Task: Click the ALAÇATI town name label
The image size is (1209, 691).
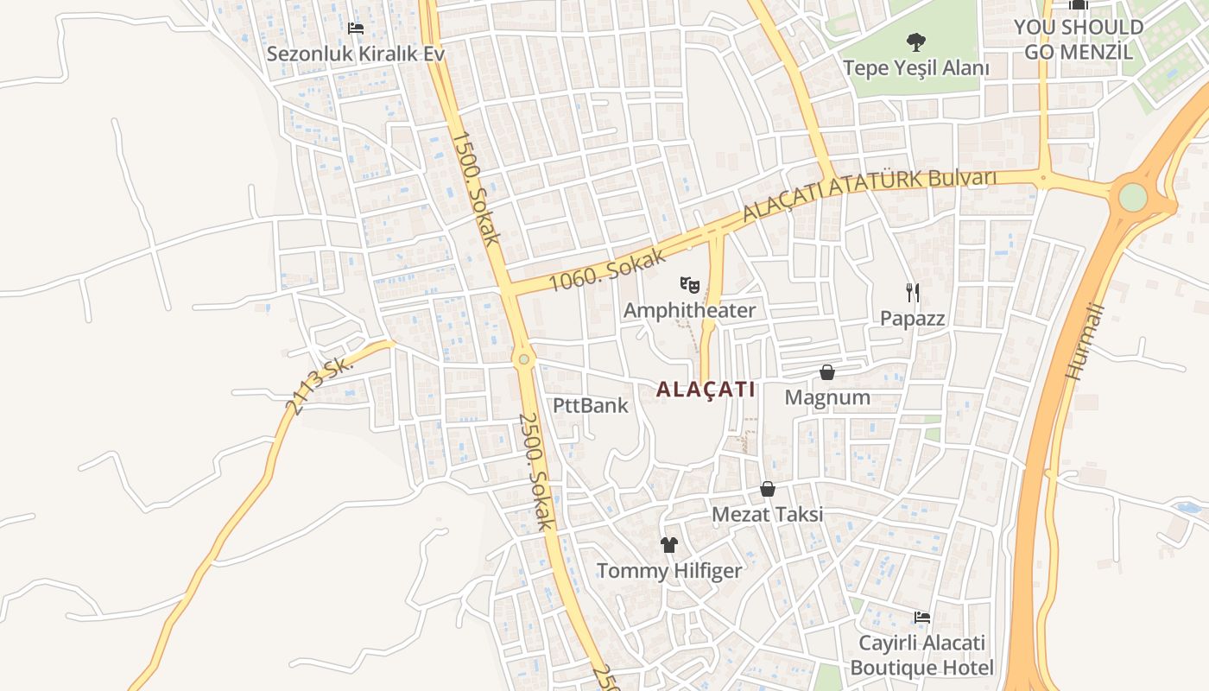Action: pos(706,390)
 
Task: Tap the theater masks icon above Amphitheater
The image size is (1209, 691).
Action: pos(689,283)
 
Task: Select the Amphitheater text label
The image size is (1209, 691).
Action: pos(689,310)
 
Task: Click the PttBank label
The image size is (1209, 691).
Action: pos(591,405)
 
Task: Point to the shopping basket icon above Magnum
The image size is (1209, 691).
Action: pos(827,372)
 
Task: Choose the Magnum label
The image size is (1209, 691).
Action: pos(827,397)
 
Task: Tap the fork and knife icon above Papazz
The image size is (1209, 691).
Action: pos(913,292)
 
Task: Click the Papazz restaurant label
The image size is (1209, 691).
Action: pos(912,318)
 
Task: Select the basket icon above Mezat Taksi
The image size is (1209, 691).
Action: pos(768,490)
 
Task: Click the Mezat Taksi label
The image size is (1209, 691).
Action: pos(767,515)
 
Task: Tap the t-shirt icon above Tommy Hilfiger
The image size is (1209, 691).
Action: pos(669,545)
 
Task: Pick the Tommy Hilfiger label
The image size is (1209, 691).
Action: pos(669,571)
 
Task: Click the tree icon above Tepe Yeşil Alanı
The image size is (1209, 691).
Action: pos(916,41)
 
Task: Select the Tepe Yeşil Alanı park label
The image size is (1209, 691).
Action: pos(916,67)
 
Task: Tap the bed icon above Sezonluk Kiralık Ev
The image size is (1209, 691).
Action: pos(355,29)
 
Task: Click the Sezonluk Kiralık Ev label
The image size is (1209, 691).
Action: pos(355,54)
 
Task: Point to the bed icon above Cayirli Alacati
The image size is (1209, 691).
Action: pos(922,618)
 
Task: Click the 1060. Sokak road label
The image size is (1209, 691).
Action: pos(608,269)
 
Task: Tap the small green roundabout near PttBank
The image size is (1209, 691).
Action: pos(522,359)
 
